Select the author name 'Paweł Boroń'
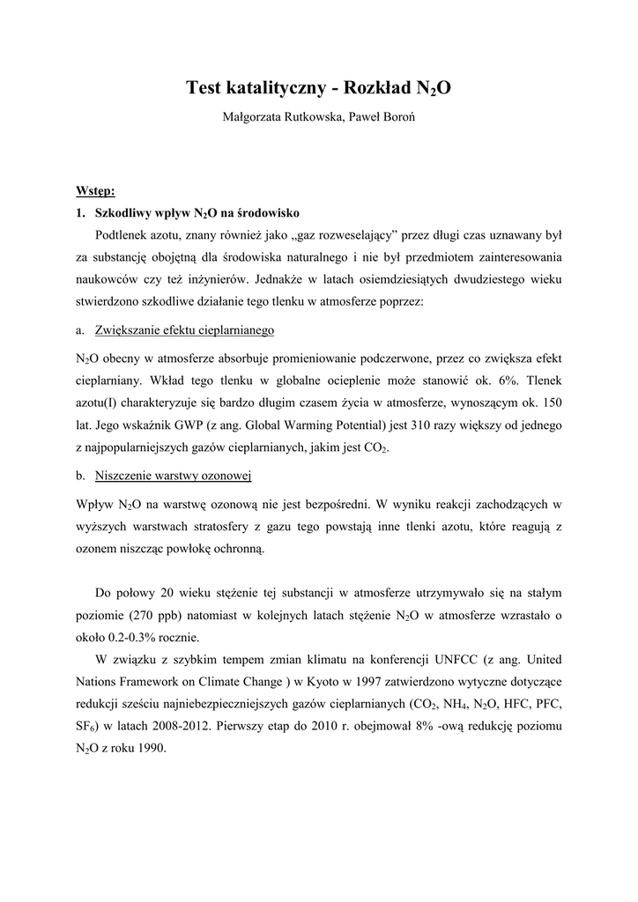pyautogui.click(x=376, y=116)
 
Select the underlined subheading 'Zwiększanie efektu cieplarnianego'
pyautogui.click(x=185, y=329)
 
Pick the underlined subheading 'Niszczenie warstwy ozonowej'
pyautogui.click(x=174, y=476)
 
